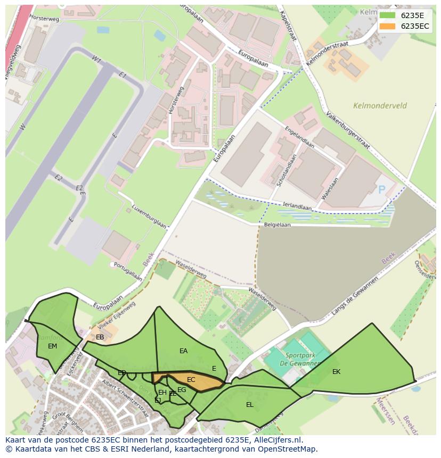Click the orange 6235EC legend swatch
[387, 26]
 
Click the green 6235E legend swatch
[387, 15]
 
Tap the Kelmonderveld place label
[380, 105]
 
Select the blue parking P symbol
[381, 189]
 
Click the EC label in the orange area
[191, 380]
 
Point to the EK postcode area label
[336, 371]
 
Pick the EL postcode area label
[249, 404]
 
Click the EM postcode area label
[52, 346]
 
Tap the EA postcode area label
[183, 351]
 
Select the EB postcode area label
[100, 337]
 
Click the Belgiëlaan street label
[277, 224]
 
